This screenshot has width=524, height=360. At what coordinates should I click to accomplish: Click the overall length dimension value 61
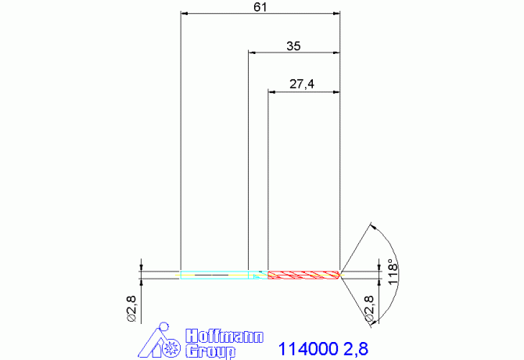tap(260, 7)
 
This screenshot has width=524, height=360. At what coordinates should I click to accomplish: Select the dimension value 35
tap(293, 46)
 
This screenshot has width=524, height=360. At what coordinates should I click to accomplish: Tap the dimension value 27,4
tap(302, 84)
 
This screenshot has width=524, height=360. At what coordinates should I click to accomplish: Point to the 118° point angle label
tap(393, 272)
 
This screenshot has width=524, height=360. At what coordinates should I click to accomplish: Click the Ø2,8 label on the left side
tap(131, 308)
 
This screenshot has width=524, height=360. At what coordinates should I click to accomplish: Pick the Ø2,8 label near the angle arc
tap(369, 308)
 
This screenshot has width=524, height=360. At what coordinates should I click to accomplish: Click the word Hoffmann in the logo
tap(224, 336)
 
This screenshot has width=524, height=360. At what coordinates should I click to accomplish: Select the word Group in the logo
tap(210, 352)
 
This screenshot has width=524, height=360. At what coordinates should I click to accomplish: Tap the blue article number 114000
tap(308, 349)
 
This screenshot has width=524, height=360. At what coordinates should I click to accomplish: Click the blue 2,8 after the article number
tap(356, 349)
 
